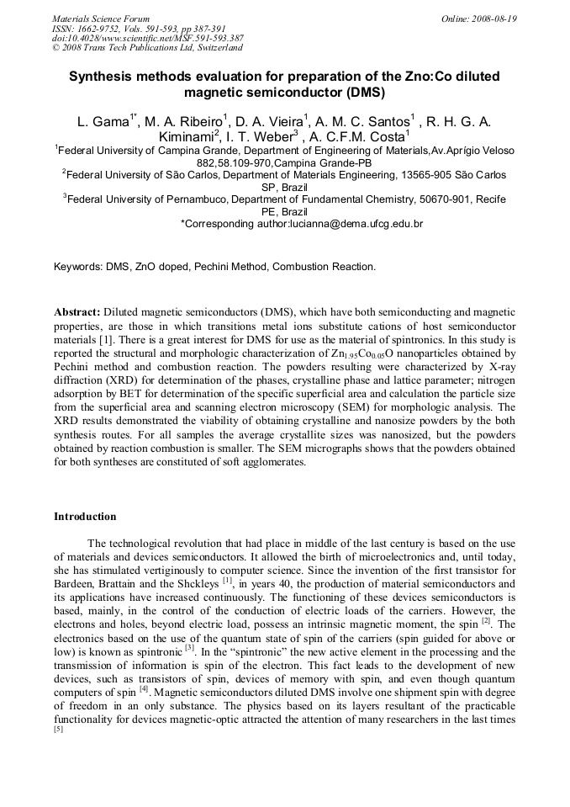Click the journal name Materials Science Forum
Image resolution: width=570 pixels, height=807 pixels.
tap(101, 19)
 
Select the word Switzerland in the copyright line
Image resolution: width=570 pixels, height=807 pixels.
tap(208, 48)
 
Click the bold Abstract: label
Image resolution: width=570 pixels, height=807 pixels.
tap(77, 312)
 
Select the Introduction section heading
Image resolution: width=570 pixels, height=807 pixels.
tap(85, 516)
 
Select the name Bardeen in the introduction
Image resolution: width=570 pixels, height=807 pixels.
tap(75, 582)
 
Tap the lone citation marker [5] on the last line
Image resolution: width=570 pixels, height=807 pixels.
tap(58, 729)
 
